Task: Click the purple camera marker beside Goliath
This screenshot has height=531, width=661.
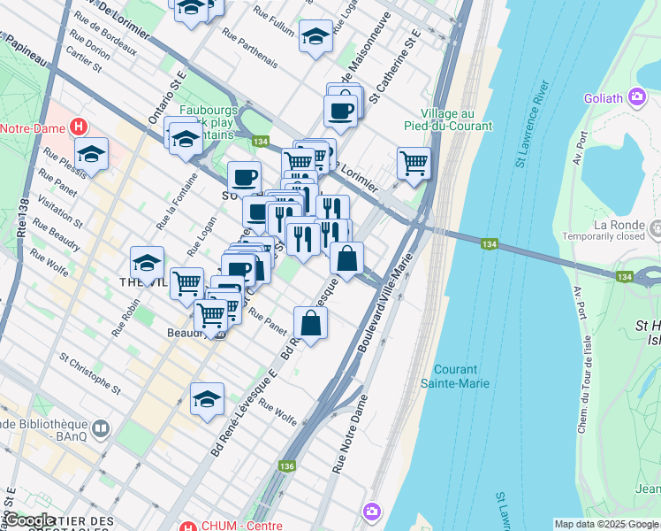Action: click(636, 96)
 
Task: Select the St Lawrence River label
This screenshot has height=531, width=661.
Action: click(532, 124)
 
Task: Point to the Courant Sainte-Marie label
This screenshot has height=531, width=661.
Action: click(467, 376)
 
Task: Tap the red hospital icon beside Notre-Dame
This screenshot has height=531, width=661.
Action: click(82, 127)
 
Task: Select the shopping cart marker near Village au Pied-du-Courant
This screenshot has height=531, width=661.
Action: click(414, 163)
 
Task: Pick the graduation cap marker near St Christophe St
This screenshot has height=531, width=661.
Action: click(207, 398)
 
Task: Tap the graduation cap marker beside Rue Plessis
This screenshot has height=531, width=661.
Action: click(91, 154)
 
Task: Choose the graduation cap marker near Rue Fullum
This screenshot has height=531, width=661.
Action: click(315, 36)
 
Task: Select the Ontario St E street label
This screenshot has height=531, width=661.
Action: click(166, 97)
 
